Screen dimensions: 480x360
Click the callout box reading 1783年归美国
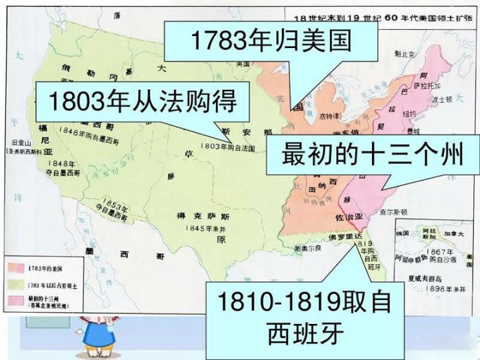[271, 42]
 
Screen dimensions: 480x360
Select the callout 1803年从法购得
[143, 103]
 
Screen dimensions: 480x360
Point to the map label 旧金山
[23, 142]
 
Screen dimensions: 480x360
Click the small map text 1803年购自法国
[227, 146]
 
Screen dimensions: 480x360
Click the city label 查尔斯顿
[394, 212]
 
